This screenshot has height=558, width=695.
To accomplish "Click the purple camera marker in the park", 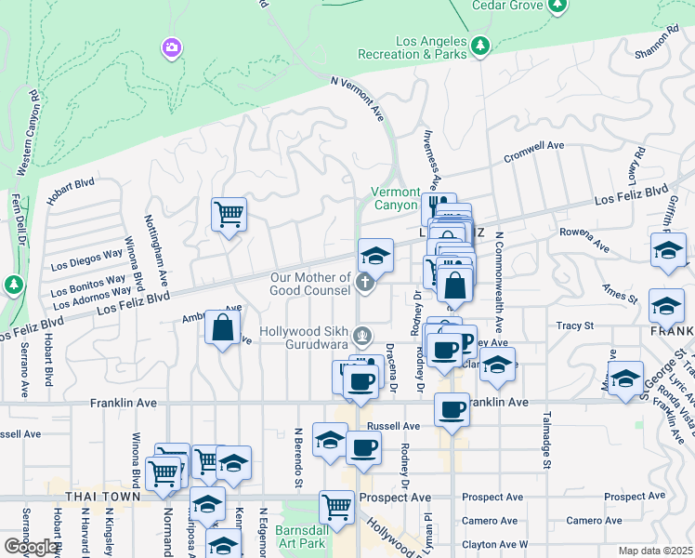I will click(x=171, y=47).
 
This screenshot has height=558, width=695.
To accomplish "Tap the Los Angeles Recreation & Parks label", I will click(x=432, y=47).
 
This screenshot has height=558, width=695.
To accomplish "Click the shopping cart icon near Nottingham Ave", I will click(x=228, y=215).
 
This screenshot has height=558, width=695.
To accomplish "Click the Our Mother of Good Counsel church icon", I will click(x=366, y=281).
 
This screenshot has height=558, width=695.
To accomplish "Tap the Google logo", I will click(x=32, y=547).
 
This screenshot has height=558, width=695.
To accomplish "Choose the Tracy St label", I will click(x=574, y=326).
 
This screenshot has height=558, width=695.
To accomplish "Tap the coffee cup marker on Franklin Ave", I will click(x=452, y=409).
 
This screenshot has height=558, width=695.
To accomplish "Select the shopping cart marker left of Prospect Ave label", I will click(x=336, y=507).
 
